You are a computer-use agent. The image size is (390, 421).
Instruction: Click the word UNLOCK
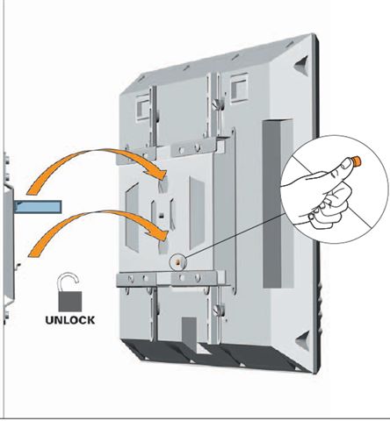coord(70,320)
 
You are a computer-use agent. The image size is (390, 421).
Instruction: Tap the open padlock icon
coord(69,292)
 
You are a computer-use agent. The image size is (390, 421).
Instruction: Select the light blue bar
coord(38,207)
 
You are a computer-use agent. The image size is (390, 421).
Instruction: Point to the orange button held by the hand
coord(357,161)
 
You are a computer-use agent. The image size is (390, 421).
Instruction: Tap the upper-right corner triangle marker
coord(301,66)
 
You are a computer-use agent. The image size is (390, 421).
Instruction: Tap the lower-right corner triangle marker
coord(303,340)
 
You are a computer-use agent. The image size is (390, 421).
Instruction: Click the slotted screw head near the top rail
coord(217,104)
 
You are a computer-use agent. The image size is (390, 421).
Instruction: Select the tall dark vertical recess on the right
coord(278,203)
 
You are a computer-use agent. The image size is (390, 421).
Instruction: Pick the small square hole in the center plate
coord(161,217)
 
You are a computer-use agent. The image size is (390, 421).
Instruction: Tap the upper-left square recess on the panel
coord(143,107)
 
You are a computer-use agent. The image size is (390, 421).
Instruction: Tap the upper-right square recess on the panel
coord(239,88)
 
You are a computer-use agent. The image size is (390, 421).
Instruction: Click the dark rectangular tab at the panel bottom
coord(189,332)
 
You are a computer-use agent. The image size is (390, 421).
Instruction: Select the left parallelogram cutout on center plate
coord(132,218)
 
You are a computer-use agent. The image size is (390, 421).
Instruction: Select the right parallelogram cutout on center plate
coord(197,213)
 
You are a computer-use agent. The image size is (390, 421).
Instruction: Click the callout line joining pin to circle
coord(235,235)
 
